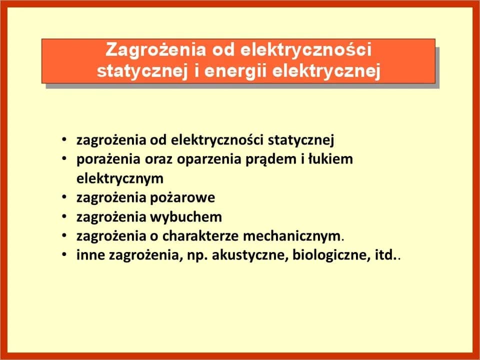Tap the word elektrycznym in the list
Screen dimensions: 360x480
point(120,178)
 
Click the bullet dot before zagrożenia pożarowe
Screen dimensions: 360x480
point(64,198)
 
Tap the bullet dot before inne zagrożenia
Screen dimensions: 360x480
point(64,256)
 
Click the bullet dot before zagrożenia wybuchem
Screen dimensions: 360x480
point(64,217)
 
